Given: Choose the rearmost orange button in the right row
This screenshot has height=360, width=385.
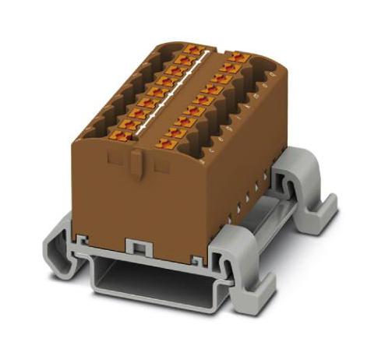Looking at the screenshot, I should click(x=236, y=58).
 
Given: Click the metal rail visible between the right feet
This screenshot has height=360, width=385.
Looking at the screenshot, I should click(x=269, y=210).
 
